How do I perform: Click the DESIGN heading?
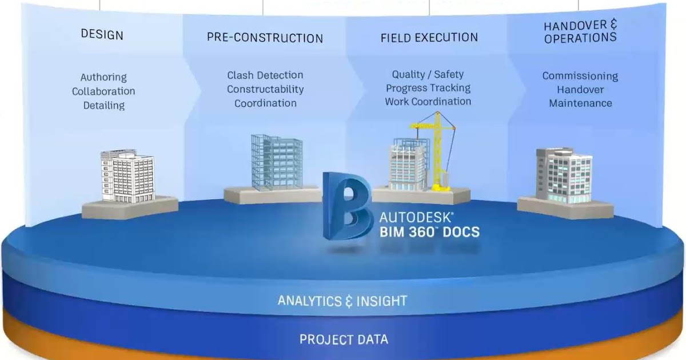point(102,34)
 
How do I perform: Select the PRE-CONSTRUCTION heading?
point(265,38)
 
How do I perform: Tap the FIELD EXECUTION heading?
point(429,38)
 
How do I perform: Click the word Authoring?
point(103,77)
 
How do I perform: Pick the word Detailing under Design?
point(103,106)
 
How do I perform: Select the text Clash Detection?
point(265,75)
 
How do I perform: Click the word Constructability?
point(265,89)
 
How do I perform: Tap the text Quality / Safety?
point(428,74)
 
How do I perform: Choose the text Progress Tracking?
point(428,88)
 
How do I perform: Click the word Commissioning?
point(580,76)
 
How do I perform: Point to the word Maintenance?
point(580,103)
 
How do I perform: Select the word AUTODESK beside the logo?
point(416,218)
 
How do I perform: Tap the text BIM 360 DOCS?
point(429,233)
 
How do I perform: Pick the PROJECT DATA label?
point(344,339)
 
